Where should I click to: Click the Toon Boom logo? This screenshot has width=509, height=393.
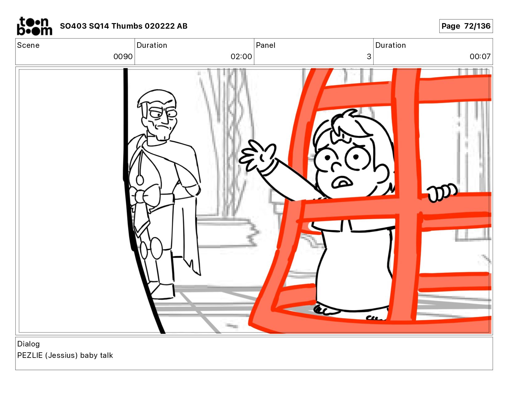(35, 26)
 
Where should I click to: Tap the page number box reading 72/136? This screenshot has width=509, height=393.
(466, 26)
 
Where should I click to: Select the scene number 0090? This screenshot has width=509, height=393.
(123, 56)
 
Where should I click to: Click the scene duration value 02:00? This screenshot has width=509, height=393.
(241, 56)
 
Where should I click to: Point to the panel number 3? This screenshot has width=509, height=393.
(369, 56)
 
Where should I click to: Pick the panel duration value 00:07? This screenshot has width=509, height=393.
(480, 56)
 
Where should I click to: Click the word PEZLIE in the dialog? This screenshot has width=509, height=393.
(30, 355)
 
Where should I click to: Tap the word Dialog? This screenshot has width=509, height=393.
(28, 344)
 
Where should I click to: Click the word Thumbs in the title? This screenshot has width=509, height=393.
(127, 26)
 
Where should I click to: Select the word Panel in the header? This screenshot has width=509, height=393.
(265, 45)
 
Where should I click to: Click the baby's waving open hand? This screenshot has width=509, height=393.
(257, 155)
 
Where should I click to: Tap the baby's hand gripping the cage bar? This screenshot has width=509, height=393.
(442, 192)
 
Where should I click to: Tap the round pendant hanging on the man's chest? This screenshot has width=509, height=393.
(140, 180)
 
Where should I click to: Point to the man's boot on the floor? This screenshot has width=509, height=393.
(162, 291)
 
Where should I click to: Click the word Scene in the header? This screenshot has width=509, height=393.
(28, 45)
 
